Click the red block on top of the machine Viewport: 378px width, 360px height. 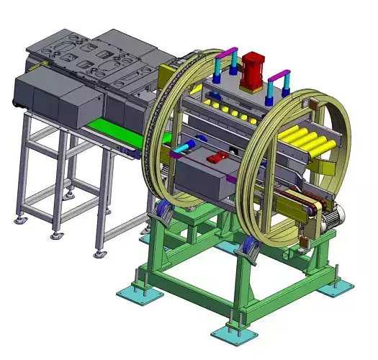coord(253,72)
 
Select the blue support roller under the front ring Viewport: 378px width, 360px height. coord(249,248)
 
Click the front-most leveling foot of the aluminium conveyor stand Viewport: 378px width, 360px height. coord(100,253)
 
